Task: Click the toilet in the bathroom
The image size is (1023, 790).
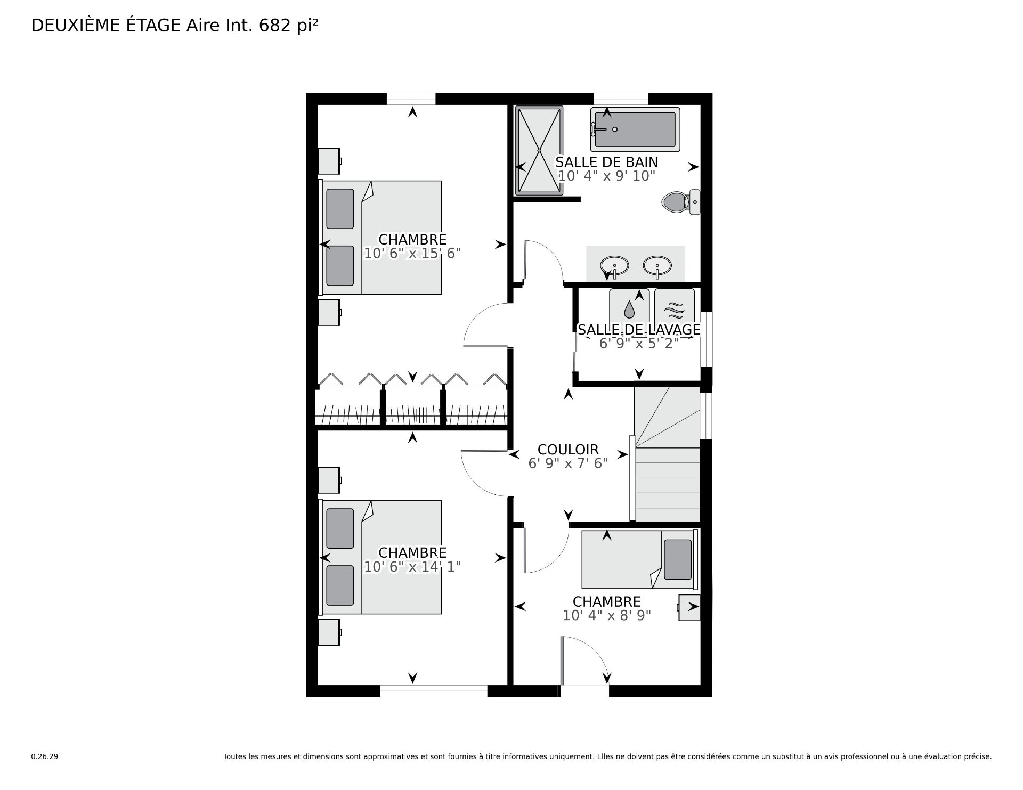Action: tap(680, 202)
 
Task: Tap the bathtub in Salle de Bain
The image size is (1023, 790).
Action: tap(635, 129)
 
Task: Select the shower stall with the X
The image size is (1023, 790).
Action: tap(539, 151)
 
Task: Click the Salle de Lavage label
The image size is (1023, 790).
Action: tap(639, 330)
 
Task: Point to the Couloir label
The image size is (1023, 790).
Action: tap(568, 450)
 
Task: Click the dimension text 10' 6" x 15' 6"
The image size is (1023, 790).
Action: tap(412, 254)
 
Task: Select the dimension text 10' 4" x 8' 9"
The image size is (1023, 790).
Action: tap(607, 616)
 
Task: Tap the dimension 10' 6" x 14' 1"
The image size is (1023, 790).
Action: tap(412, 567)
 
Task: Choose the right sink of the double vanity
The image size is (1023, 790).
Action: tap(657, 265)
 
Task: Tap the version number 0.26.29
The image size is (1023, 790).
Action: tap(45, 756)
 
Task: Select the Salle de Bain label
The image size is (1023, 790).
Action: tap(607, 162)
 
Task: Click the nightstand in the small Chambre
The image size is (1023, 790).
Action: tap(689, 607)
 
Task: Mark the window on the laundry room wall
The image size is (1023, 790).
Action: tap(707, 339)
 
